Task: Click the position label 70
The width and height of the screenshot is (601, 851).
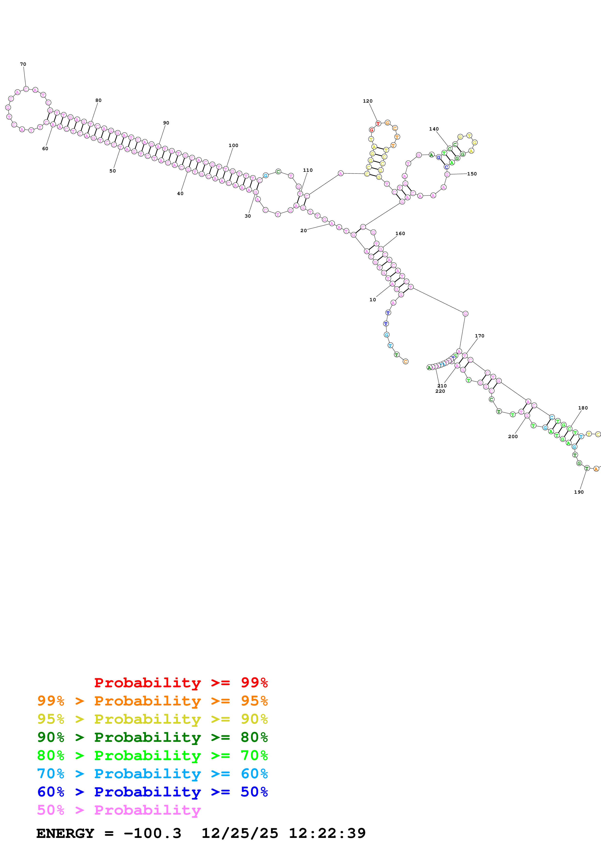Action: [x=23, y=64]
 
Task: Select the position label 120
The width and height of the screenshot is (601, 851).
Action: [x=367, y=101]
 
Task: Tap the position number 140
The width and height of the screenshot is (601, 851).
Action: [x=434, y=129]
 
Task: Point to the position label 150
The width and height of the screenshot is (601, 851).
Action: [x=472, y=174]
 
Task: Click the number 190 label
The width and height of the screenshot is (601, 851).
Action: [x=578, y=492]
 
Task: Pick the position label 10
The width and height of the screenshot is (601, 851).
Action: [x=373, y=300]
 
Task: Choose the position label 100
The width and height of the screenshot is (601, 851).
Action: [x=233, y=145]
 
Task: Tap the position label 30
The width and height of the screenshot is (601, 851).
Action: [x=248, y=216]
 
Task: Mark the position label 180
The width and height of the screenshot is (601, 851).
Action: [x=583, y=408]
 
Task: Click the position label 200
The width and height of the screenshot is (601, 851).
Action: [x=513, y=436]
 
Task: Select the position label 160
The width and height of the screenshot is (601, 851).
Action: [x=400, y=234]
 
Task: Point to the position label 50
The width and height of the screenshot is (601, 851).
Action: [x=112, y=171]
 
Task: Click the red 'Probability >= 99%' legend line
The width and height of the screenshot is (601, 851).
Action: [x=181, y=682]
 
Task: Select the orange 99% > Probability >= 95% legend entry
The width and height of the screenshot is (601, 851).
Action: [x=152, y=701]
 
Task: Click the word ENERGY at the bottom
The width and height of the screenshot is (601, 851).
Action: [x=65, y=833]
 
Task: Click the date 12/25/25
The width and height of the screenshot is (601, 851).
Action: [x=240, y=833]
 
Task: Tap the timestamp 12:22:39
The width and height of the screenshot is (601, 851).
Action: [x=327, y=833]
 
